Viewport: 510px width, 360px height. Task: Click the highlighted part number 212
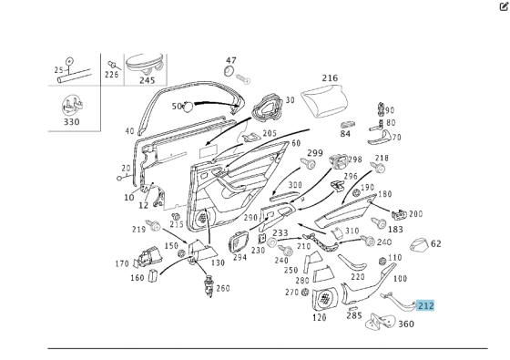coord(425,305)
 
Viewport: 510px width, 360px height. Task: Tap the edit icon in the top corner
coord(504,6)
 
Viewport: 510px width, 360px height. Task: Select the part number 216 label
coord(330,77)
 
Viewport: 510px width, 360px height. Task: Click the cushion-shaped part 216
coord(324,99)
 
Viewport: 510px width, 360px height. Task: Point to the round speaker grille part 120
coord(324,299)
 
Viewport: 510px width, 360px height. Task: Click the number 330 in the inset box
coord(71,122)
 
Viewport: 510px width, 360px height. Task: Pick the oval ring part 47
coord(229,71)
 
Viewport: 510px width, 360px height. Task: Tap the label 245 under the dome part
coord(147,80)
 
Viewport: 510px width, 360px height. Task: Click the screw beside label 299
coord(308,163)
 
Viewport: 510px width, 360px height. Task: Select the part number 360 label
coord(406,324)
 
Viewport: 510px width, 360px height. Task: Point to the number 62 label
coord(436,243)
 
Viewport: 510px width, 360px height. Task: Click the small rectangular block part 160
coord(153,275)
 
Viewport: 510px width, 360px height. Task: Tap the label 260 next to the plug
coord(223,288)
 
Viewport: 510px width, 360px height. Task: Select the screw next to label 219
coord(154,225)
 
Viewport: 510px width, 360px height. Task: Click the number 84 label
coord(345,134)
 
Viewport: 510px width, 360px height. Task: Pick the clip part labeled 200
coord(400,214)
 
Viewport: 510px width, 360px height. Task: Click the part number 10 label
coord(128,197)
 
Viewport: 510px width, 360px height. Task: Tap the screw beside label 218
coord(378,168)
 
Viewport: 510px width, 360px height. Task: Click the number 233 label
coord(280,232)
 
